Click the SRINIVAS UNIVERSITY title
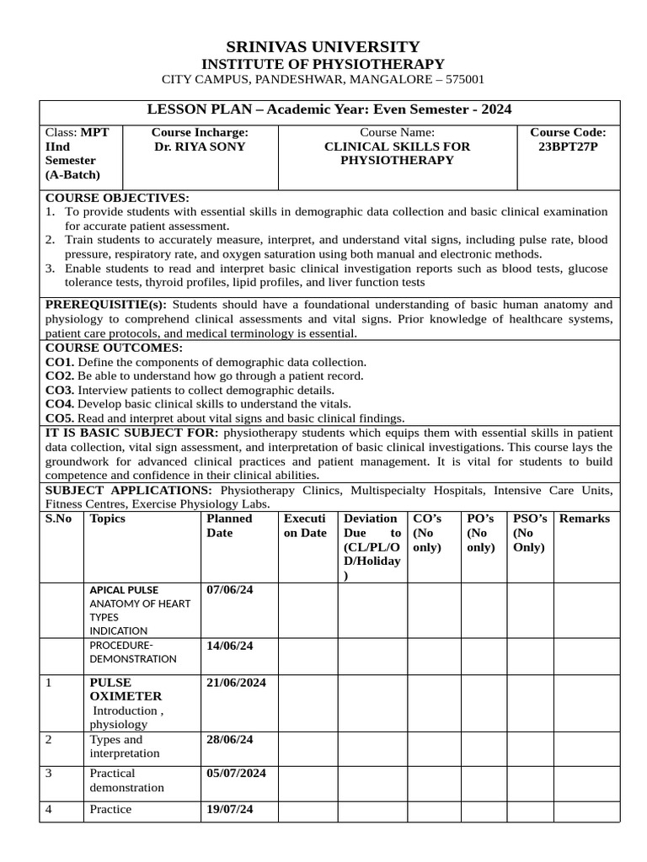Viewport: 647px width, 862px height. click(x=323, y=46)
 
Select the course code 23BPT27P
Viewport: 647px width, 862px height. click(x=567, y=146)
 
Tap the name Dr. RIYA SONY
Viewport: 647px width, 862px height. click(x=200, y=146)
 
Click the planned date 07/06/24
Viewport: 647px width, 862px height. click(x=230, y=590)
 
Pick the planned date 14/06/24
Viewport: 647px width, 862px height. click(x=230, y=646)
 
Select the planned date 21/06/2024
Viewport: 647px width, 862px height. click(x=236, y=683)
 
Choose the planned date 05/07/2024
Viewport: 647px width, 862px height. click(x=236, y=773)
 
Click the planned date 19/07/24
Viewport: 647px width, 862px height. click(x=230, y=809)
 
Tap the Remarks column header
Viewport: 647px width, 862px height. click(x=584, y=519)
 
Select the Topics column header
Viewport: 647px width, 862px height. click(x=108, y=519)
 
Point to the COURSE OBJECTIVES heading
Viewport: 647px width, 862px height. click(x=117, y=198)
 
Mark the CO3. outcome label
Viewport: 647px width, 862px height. click(x=59, y=390)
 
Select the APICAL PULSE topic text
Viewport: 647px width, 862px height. click(x=124, y=590)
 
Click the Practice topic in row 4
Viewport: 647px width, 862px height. click(x=110, y=809)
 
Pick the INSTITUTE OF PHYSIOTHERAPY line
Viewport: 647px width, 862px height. click(x=323, y=64)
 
